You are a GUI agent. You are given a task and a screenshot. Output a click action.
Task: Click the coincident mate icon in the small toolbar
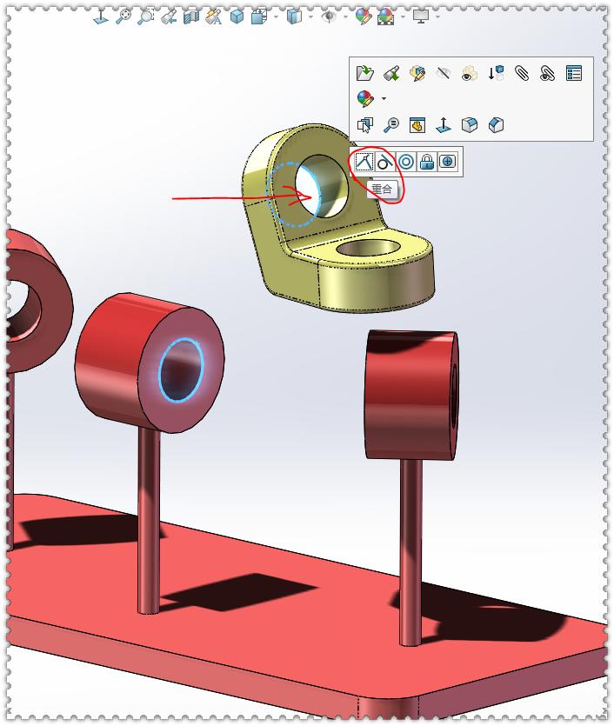tap(364, 162)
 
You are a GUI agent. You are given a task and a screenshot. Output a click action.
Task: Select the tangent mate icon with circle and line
tap(384, 162)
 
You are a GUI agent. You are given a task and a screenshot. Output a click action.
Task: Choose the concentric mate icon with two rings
tap(405, 162)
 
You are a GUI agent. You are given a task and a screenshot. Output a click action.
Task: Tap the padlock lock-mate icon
tap(426, 162)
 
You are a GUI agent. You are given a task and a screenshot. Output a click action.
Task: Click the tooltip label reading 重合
tap(382, 189)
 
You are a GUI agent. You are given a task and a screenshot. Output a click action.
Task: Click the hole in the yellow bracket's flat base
tap(368, 250)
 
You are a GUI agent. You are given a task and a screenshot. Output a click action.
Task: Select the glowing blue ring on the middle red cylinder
tap(181, 370)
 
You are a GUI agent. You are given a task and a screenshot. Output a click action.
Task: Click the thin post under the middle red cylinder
tap(149, 522)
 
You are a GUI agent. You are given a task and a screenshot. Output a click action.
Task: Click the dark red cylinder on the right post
tap(409, 393)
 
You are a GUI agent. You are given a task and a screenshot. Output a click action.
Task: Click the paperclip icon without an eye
tap(522, 74)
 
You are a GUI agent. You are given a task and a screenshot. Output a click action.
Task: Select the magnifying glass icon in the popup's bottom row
tap(390, 125)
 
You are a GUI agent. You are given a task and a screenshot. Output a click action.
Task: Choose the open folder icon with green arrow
tap(365, 74)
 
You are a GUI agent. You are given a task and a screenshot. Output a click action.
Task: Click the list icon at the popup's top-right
tap(574, 74)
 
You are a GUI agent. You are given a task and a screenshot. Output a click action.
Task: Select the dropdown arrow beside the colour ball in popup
tap(384, 99)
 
